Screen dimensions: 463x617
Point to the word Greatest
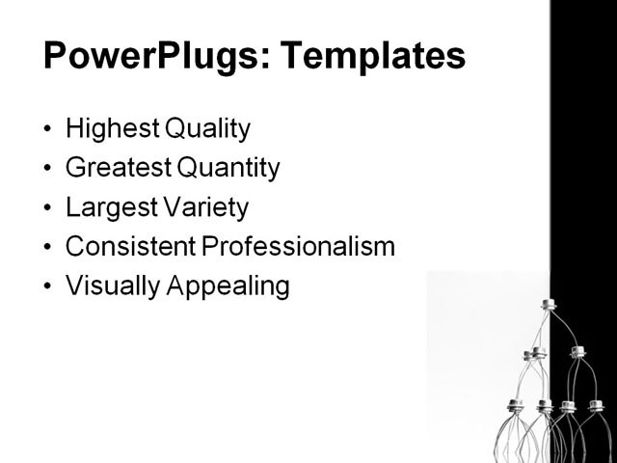click(x=117, y=168)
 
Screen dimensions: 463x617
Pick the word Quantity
click(x=228, y=169)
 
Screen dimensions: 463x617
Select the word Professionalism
click(x=299, y=247)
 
